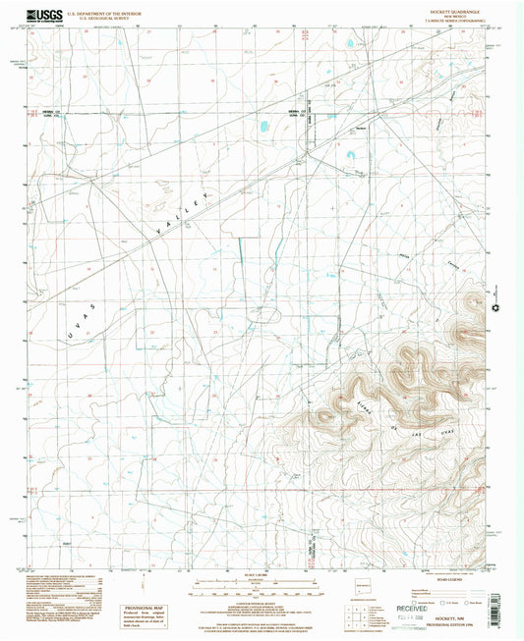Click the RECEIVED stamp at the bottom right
[x=425, y=593]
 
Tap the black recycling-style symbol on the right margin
[x=498, y=305]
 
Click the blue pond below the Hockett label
[x=352, y=153]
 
